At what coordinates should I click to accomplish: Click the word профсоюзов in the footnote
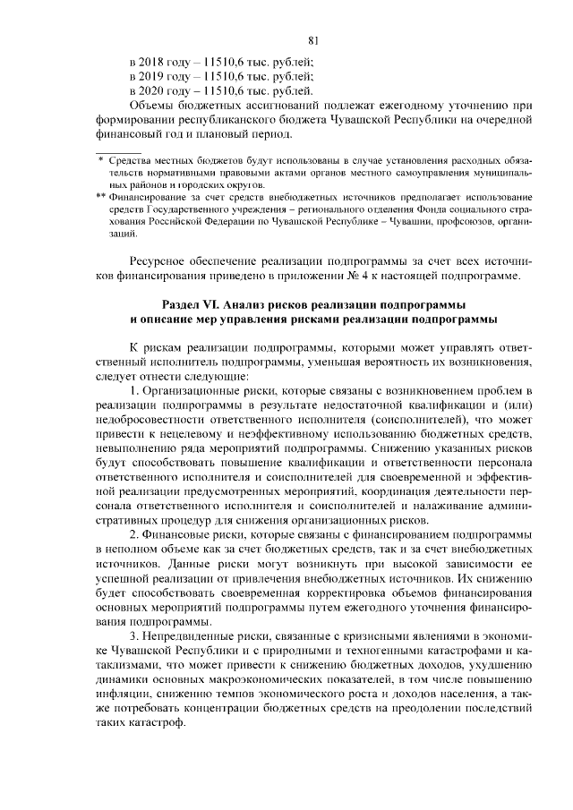[x=453, y=221]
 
